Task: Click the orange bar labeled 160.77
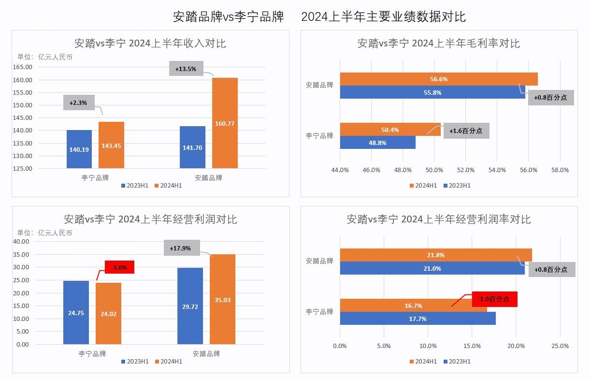coord(225,123)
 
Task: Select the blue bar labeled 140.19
coord(79,149)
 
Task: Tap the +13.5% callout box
coord(186,69)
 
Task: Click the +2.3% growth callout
coord(79,102)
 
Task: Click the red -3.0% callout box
coord(119,267)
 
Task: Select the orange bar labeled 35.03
coord(222,300)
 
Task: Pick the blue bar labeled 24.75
coord(76,313)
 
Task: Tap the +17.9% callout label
coord(181,248)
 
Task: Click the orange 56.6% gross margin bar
coord(438,79)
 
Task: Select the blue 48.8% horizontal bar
coord(377,143)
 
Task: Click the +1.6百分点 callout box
coord(466,131)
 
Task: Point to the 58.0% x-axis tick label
coord(560,170)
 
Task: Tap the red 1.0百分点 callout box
coord(494,299)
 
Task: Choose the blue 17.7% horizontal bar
coord(417,319)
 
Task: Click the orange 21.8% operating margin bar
coord(435,255)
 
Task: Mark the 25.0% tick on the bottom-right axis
coord(560,346)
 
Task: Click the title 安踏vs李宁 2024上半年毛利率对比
coord(438,44)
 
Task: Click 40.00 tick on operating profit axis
coord(23,242)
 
